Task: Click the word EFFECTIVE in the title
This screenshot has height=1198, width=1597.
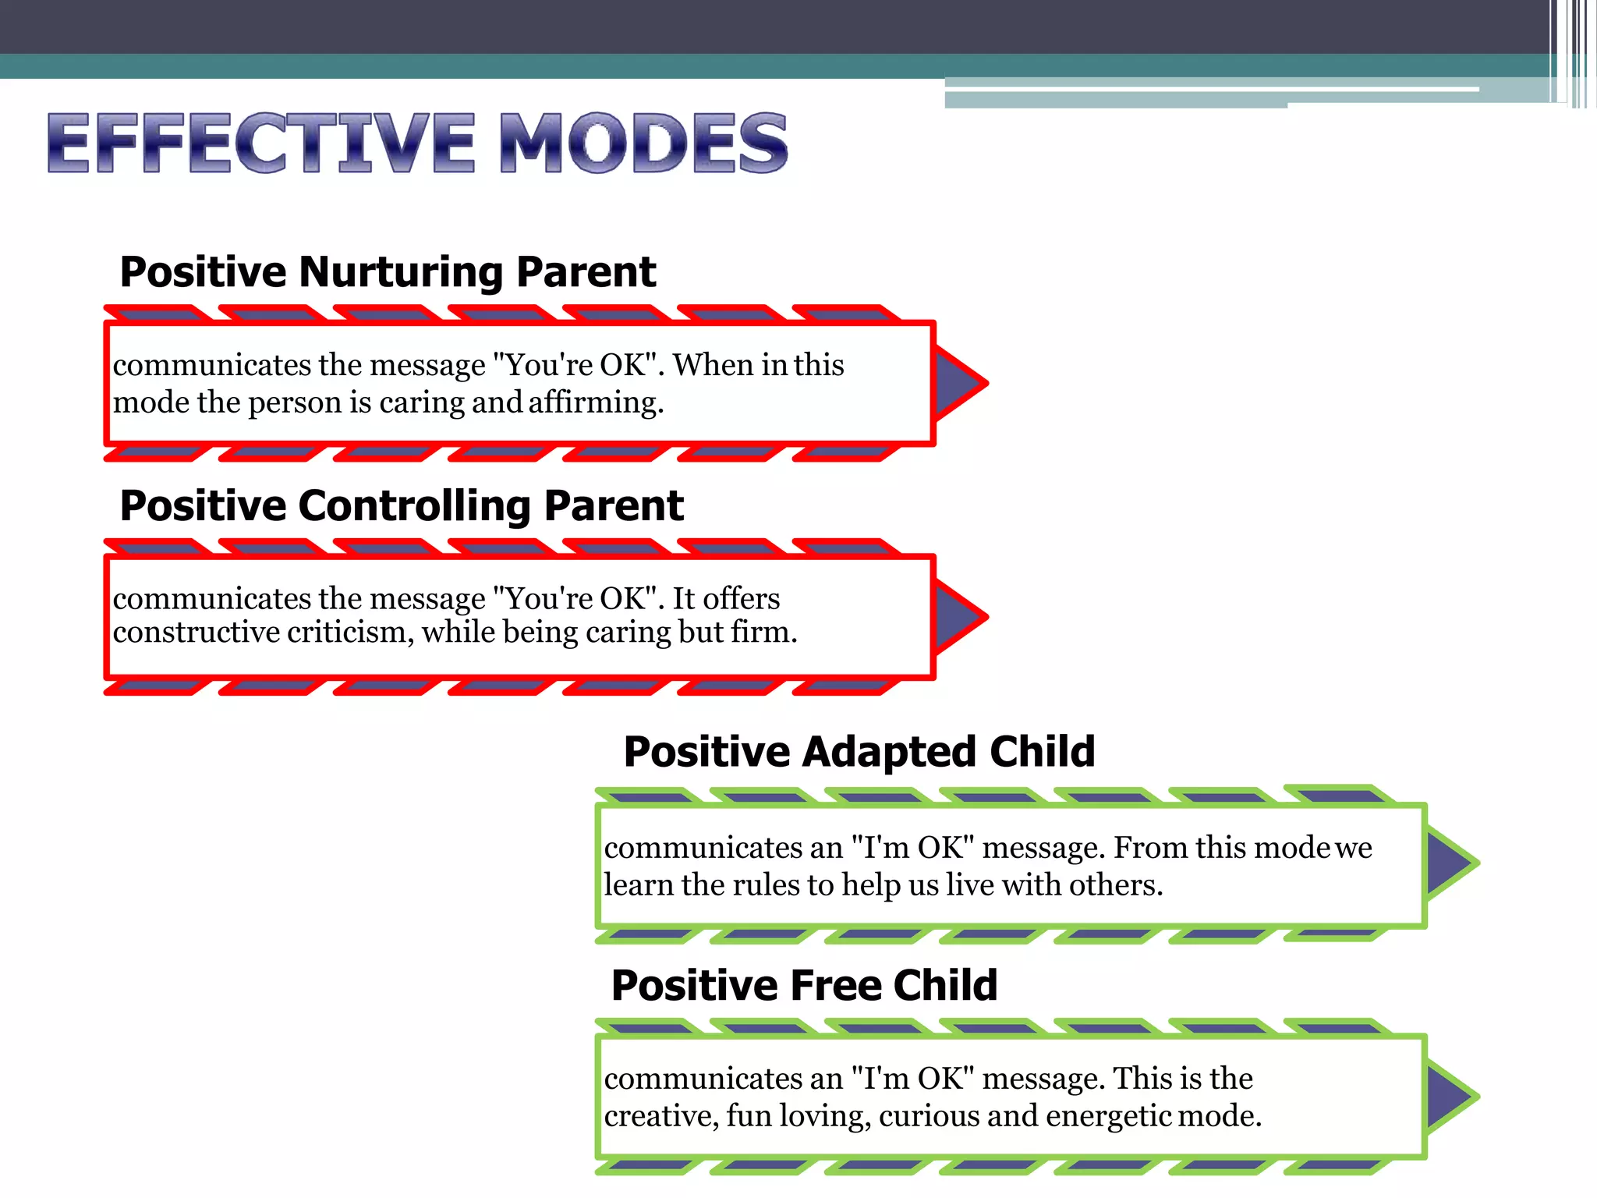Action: (261, 143)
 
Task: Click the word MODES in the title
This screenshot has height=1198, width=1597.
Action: (643, 143)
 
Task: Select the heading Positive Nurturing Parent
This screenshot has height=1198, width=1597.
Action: (388, 272)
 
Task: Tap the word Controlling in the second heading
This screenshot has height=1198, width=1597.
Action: (413, 506)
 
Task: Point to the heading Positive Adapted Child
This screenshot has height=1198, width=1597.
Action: (859, 752)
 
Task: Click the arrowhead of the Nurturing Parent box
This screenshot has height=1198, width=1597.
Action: (958, 383)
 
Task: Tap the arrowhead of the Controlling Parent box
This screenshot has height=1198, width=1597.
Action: (958, 616)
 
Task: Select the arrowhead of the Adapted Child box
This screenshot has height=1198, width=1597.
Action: (1449, 863)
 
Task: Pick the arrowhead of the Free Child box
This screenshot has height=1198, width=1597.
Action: (1449, 1096)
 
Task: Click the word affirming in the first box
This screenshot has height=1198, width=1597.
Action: (596, 403)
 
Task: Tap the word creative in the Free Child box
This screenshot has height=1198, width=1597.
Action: (660, 1116)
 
